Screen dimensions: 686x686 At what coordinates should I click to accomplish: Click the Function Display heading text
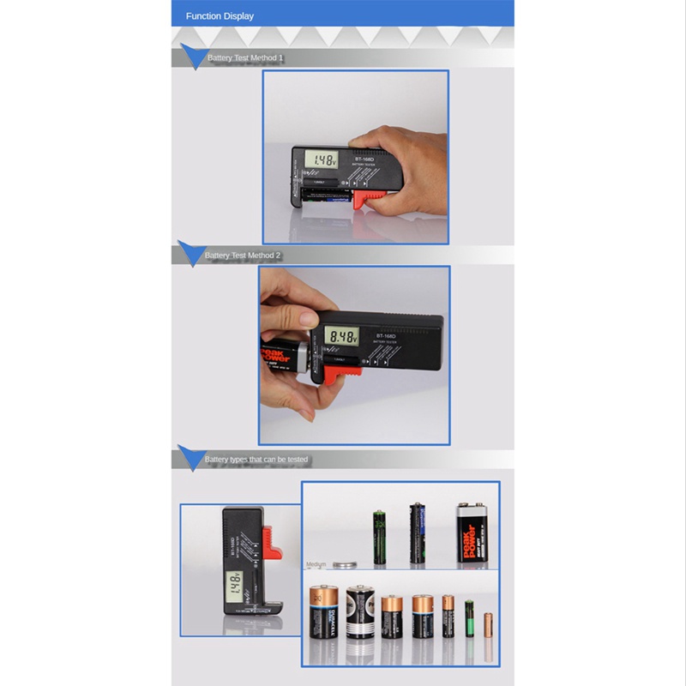pos(220,15)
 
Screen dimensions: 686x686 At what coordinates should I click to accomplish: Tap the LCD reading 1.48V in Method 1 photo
pos(323,160)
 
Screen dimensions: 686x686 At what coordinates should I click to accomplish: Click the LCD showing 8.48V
pos(340,336)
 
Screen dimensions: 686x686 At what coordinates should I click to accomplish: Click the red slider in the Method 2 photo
pos(329,373)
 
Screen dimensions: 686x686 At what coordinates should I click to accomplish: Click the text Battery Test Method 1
pos(245,58)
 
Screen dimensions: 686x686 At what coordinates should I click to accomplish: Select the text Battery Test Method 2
pos(243,256)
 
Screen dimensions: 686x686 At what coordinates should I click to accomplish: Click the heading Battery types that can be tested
pos(256,460)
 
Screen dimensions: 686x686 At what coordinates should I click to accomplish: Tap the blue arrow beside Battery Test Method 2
pos(190,254)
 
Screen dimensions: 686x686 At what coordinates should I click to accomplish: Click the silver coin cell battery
pos(346,564)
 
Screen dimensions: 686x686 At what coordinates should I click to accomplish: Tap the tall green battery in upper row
pos(378,536)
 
